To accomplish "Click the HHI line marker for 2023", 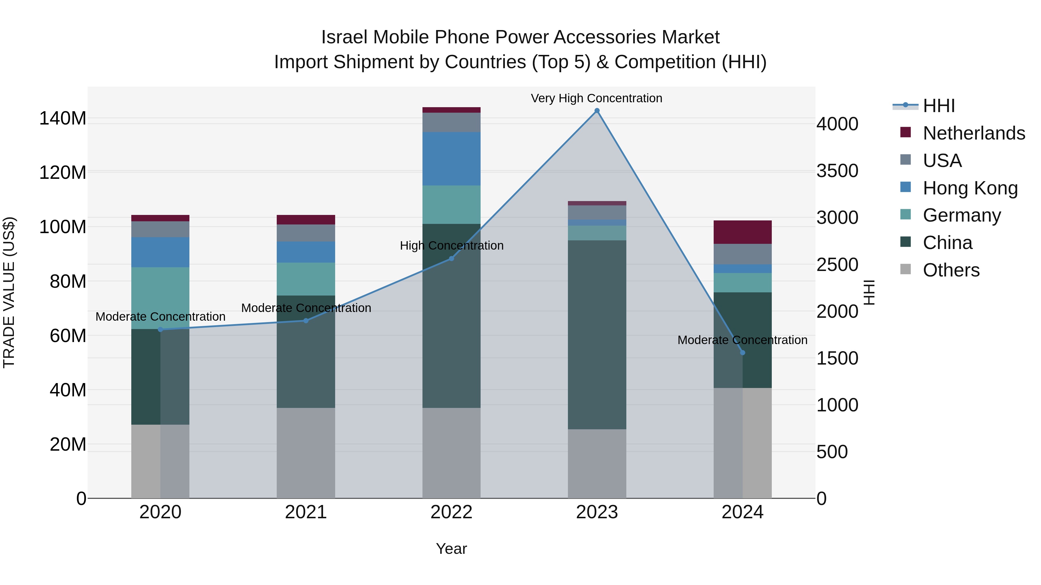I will point(597,111).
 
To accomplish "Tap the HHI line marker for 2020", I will point(160,329).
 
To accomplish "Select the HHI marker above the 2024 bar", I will point(742,352).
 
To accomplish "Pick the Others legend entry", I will point(951,270).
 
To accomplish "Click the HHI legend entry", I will point(939,106).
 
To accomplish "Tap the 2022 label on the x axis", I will point(451,512).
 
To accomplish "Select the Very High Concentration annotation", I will point(597,98).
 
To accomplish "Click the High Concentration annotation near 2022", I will point(451,246).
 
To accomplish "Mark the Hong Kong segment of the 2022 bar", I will point(451,159).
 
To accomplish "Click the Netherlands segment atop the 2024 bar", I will point(742,232).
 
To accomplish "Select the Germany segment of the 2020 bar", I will point(160,298).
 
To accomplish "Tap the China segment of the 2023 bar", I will point(597,335).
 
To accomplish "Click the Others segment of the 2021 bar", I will point(306,453).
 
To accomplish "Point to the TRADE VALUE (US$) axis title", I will point(9,292).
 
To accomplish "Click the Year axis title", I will point(451,549).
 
